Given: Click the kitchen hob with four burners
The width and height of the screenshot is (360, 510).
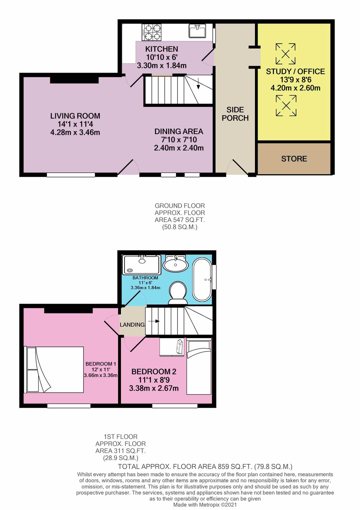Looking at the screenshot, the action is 152,32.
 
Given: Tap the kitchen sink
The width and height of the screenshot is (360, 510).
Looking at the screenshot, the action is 197,31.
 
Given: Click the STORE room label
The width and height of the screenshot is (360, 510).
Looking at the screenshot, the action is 294,159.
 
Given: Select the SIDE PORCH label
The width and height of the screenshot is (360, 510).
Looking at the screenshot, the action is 235,114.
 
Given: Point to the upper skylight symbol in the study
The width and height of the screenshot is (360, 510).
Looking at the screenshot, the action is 285,54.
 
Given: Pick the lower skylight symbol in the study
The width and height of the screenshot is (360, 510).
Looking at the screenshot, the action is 286,106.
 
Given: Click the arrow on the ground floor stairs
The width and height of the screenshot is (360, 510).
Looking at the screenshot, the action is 198,83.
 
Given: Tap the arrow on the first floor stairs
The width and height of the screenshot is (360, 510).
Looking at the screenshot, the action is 154,321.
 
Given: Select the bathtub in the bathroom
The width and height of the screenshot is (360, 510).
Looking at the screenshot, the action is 202,280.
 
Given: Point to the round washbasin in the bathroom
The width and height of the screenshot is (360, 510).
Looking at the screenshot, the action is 175,263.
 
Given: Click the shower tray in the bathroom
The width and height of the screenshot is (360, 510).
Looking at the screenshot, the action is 142,265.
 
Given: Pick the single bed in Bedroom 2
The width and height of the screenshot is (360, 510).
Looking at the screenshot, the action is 199,367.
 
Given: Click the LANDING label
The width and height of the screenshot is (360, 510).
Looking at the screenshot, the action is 132,324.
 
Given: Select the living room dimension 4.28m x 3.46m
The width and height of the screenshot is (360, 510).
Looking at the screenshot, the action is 75,132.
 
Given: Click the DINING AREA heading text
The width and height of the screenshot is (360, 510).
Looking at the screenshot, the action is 179,131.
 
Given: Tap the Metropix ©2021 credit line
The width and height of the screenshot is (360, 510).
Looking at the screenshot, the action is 205,504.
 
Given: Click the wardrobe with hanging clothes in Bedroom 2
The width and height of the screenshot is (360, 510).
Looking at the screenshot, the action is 172,347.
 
